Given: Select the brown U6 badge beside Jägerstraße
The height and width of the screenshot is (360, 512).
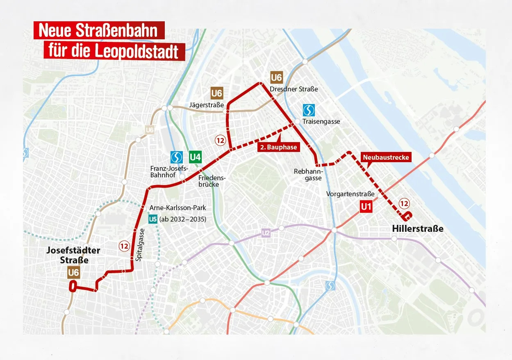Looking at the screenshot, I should pos(217,93).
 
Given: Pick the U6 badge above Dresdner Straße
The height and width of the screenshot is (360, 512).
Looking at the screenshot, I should pos(277,77).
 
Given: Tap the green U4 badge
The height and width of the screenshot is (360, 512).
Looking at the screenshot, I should pos(195,157).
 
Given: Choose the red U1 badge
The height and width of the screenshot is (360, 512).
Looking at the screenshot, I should pos(366,207).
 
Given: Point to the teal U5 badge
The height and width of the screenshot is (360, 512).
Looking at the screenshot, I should pos(153,219).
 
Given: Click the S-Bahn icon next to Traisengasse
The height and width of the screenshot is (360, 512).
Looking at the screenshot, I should pos(309,110).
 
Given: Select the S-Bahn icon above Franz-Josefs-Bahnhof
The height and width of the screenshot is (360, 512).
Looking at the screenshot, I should pos(177,157).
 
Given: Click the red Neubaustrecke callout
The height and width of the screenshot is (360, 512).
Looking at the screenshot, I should pos(385,157).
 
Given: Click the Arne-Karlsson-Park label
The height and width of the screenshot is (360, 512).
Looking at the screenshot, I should pos(178,208).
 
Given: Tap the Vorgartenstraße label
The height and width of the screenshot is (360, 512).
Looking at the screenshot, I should pos(350,194).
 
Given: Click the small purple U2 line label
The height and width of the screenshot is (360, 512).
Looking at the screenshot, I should pos(266,233).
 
